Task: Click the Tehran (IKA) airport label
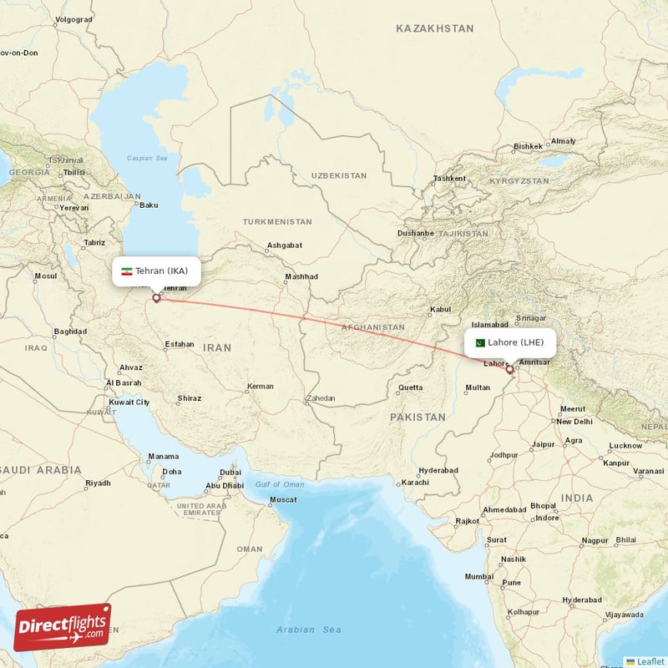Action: [x=166, y=271]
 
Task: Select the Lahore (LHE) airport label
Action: [x=515, y=342]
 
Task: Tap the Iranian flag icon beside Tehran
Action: [x=126, y=271]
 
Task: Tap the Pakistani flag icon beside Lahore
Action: [x=479, y=342]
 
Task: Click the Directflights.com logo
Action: [x=63, y=626]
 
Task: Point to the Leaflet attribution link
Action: [x=650, y=660]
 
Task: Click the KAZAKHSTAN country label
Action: [x=434, y=28]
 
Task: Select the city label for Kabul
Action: [x=439, y=310]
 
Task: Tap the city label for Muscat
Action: [x=282, y=499]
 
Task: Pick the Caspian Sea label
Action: [x=147, y=158]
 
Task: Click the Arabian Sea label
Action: [x=308, y=630]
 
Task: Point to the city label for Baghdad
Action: [x=70, y=331]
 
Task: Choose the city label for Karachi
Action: [x=414, y=483]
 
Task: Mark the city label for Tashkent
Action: [x=449, y=179]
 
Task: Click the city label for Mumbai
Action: [x=479, y=576]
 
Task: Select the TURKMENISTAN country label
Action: [x=277, y=222]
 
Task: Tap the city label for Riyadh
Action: [x=98, y=483]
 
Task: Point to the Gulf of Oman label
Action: [x=280, y=484]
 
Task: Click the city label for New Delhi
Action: [x=574, y=422]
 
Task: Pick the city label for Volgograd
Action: [x=72, y=19]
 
